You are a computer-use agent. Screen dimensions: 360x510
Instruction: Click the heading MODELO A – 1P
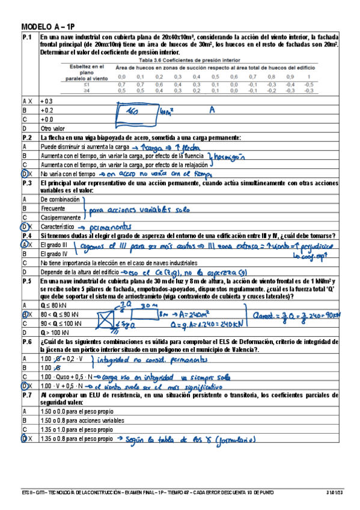[x=47, y=28]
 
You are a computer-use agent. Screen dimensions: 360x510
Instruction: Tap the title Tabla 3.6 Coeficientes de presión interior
[x=188, y=60]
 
